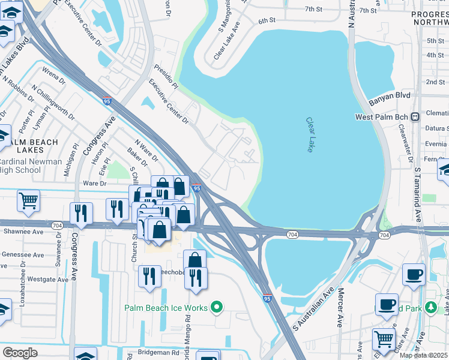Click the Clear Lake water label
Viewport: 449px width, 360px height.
[310, 134]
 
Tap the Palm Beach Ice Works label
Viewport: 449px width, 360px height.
[166, 308]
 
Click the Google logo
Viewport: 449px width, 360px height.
[20, 353]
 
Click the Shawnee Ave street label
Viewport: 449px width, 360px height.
[23, 231]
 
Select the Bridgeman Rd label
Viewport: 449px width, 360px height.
[158, 353]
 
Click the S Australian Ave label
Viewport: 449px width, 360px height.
[313, 308]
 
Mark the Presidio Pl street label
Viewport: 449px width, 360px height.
[167, 77]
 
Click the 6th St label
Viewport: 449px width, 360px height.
[267, 20]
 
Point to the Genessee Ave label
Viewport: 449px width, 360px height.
[23, 255]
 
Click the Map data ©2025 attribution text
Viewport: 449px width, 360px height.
[423, 355]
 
